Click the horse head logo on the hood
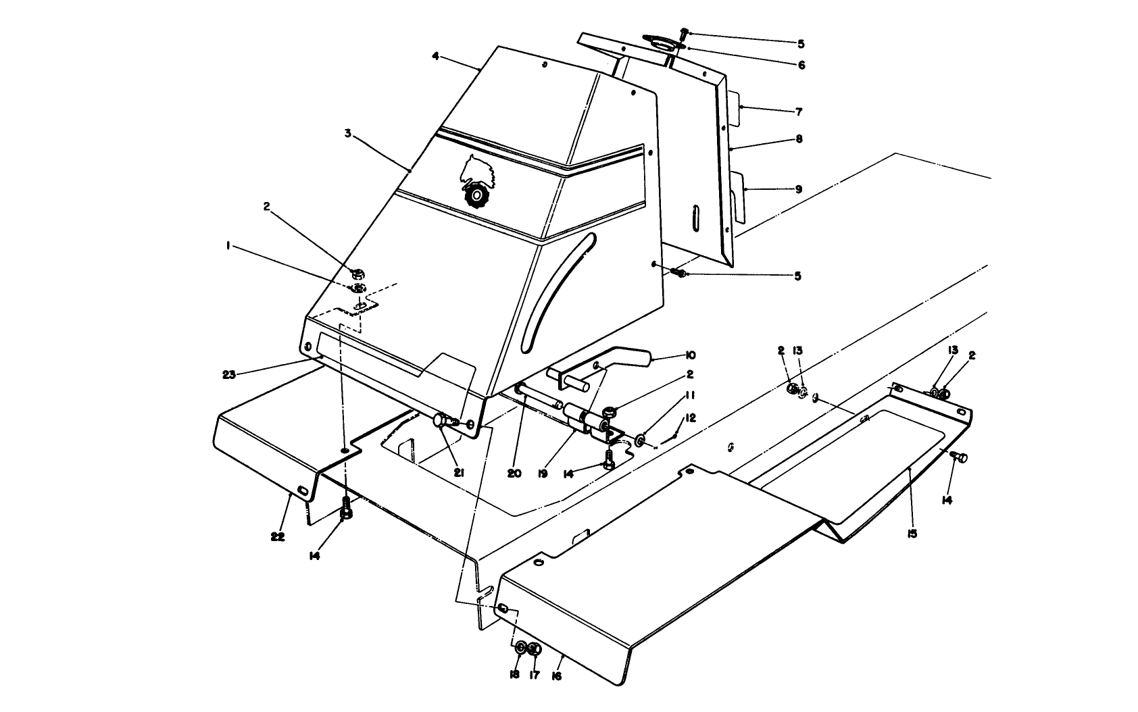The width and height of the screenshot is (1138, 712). pyautogui.click(x=478, y=172)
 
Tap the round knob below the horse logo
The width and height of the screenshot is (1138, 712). pyautogui.click(x=476, y=197)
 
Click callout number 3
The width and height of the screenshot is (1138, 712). pyautogui.click(x=347, y=134)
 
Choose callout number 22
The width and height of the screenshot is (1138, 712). pyautogui.click(x=277, y=536)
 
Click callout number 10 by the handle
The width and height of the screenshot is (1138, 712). pyautogui.click(x=690, y=355)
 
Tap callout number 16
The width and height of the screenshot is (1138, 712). pyautogui.click(x=557, y=675)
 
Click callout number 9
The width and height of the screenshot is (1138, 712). pyautogui.click(x=798, y=190)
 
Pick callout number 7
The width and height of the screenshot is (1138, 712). pyautogui.click(x=798, y=112)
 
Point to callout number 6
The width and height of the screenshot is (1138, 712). pyautogui.click(x=801, y=66)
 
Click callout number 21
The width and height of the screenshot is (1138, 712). pyautogui.click(x=459, y=473)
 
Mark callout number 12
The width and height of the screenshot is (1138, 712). pyautogui.click(x=690, y=418)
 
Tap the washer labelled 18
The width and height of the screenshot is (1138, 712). pyautogui.click(x=521, y=649)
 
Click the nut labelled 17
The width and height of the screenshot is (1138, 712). pyautogui.click(x=534, y=650)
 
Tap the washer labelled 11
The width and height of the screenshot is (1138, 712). pyautogui.click(x=639, y=442)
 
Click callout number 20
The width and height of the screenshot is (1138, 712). pyautogui.click(x=514, y=474)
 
